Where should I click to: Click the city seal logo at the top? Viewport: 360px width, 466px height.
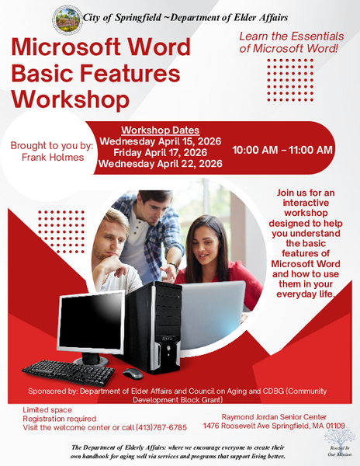[x=66, y=18]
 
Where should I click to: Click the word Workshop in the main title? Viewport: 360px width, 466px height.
[x=71, y=99]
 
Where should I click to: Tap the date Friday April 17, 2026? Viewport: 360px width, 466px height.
[x=161, y=153]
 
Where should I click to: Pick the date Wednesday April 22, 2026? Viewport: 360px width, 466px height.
[x=161, y=164]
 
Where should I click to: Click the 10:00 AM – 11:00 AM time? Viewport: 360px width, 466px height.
[x=282, y=149]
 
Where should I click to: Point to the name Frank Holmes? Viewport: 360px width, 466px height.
[x=52, y=157]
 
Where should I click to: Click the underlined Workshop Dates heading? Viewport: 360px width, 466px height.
[x=161, y=130]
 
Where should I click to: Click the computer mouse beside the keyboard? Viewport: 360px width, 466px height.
[x=133, y=374]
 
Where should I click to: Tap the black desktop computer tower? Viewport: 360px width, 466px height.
[x=156, y=326]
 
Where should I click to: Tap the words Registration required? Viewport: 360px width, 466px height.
[x=54, y=418]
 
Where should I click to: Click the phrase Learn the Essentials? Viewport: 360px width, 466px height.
[x=284, y=37]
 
